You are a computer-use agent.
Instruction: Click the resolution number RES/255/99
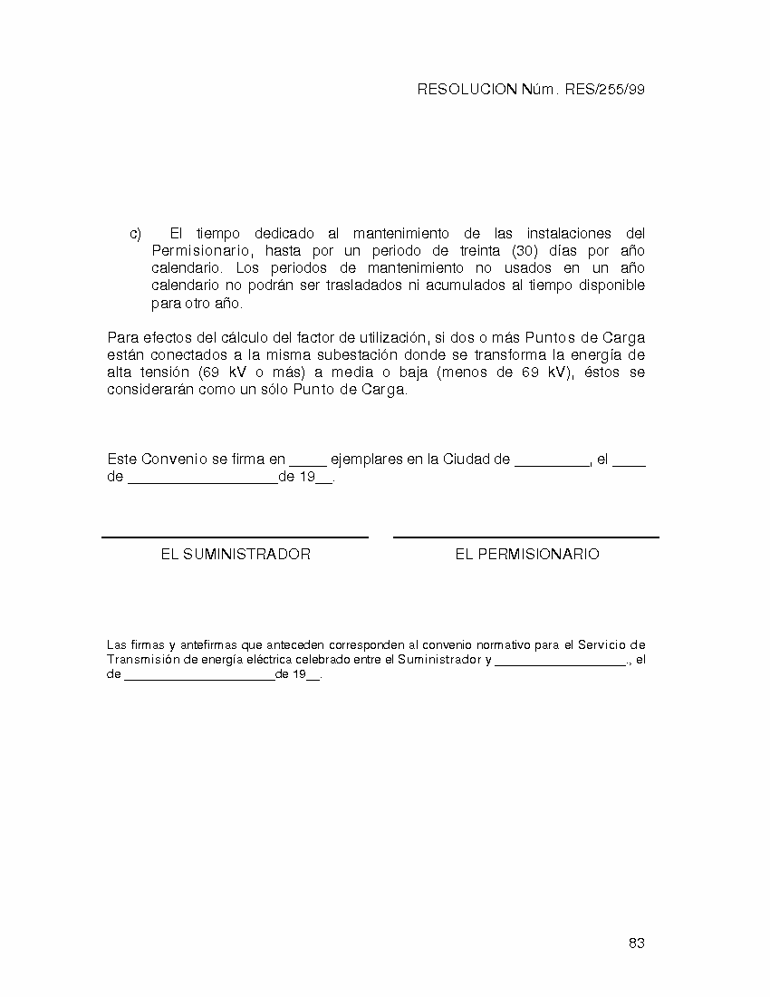tap(604, 90)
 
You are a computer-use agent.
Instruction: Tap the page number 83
tap(636, 944)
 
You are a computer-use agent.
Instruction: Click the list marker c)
tap(136, 234)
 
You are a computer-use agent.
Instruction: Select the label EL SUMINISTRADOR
tap(236, 555)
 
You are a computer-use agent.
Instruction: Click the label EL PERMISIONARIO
tap(527, 555)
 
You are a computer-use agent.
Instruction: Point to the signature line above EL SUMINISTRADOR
tap(236, 537)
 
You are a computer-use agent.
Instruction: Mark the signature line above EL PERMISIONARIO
tap(526, 537)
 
